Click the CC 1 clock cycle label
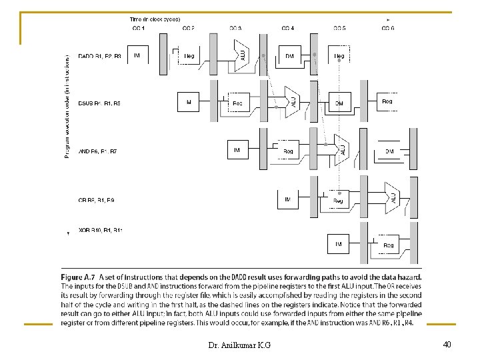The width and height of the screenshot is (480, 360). coord(138,28)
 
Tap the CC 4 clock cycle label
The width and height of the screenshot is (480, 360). coord(288,28)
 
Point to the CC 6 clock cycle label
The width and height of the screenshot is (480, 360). coord(388,28)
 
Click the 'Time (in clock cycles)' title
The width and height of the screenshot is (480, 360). coord(155,19)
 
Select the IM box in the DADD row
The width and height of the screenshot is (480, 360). coord(137,55)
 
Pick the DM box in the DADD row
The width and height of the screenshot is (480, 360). coord(289,56)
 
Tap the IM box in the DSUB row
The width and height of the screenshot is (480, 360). coord(188,102)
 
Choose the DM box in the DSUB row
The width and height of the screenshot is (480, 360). coord(339,103)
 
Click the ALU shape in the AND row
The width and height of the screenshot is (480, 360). coord(341,149)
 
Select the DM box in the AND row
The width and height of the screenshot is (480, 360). coord(389,151)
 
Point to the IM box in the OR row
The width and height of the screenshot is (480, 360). coord(288,199)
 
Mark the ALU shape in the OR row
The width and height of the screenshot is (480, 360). coord(393,197)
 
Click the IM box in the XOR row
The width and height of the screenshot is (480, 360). coord(338,245)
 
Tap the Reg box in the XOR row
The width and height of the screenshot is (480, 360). coord(389,245)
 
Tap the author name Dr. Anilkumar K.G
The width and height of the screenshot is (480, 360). coord(239,345)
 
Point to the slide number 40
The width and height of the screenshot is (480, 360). coord(447,344)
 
